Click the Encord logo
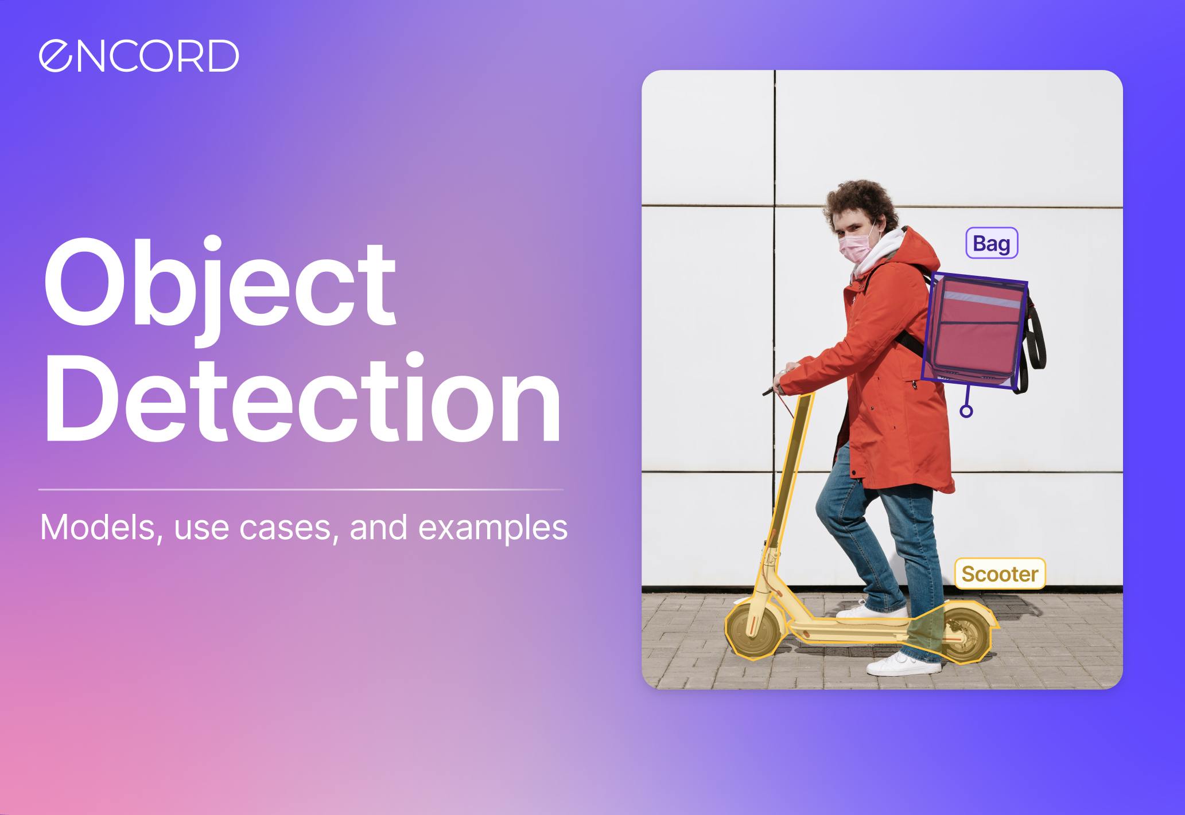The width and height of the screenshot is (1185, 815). tap(139, 56)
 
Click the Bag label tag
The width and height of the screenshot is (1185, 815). tap(992, 243)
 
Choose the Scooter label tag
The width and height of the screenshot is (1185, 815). tap(1000, 574)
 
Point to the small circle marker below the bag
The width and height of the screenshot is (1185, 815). tap(966, 411)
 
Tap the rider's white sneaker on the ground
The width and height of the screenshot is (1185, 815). tap(903, 664)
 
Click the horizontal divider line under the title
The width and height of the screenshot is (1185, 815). tap(301, 490)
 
